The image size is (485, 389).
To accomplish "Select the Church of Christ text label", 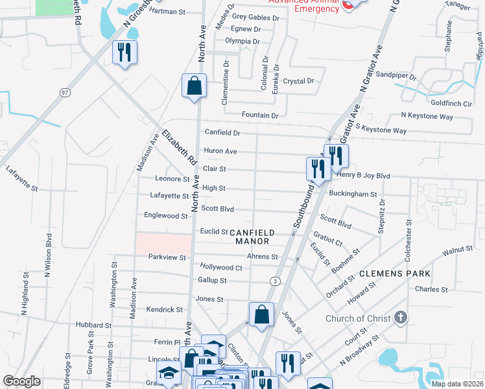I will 358,318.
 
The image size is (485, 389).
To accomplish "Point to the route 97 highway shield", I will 64,93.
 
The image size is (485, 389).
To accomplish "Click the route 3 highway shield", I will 276,281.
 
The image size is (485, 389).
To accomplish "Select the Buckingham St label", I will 353,194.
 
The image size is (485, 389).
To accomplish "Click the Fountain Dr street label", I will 259,115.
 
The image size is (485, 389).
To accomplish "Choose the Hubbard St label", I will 94,324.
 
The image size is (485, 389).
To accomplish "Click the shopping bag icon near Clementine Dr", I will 194,86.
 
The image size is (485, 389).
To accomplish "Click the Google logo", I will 21,381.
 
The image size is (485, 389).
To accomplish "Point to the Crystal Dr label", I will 299,81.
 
